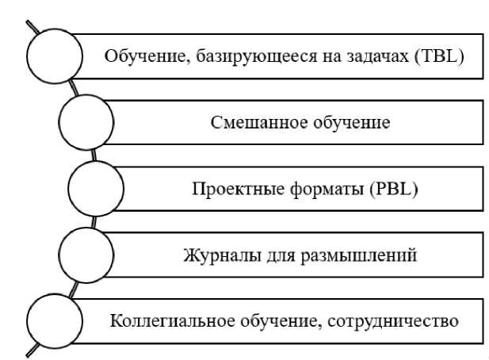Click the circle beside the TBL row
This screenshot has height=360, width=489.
55,56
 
